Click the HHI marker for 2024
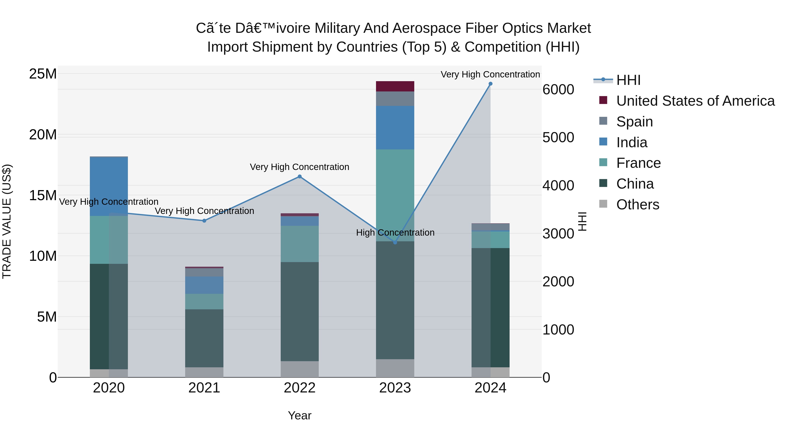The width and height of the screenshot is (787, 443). coord(490,84)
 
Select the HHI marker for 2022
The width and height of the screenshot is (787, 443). coord(300,176)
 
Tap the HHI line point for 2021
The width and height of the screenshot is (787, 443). coord(204,221)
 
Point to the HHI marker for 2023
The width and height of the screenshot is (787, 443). coord(395,242)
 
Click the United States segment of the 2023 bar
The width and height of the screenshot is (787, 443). coord(395,86)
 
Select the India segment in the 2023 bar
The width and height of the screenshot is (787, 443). coord(395,128)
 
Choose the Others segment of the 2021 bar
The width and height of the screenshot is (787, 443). coord(204,372)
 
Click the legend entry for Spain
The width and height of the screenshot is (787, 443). coord(634,122)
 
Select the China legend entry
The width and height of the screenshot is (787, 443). coord(635,184)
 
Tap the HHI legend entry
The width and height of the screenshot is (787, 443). coord(628,80)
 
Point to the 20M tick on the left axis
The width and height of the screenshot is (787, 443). coord(43,135)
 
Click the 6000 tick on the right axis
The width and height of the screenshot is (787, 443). coord(558,90)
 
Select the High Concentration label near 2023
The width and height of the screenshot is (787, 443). coord(395,233)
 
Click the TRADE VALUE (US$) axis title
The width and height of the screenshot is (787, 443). coord(7,221)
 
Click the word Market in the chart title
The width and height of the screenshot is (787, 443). coord(569,28)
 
